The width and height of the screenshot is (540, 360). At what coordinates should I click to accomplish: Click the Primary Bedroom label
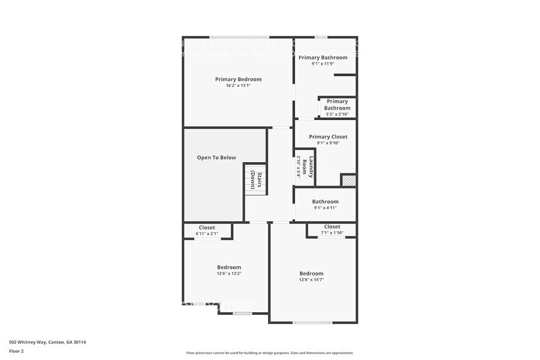click(x=238, y=79)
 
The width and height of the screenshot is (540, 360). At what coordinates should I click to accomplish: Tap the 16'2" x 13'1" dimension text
click(x=238, y=86)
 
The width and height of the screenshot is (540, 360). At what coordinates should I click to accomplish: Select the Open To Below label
click(x=216, y=157)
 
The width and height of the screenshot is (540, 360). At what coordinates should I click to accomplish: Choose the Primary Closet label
click(x=328, y=137)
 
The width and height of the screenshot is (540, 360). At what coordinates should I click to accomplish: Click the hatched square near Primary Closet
click(x=349, y=180)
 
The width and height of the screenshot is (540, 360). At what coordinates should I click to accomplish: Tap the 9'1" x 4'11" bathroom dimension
click(x=325, y=208)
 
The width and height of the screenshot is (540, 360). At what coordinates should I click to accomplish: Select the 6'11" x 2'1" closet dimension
click(x=207, y=234)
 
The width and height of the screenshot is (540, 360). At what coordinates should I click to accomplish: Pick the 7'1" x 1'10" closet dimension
click(x=332, y=233)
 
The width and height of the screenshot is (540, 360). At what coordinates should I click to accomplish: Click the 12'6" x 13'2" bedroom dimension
click(x=229, y=274)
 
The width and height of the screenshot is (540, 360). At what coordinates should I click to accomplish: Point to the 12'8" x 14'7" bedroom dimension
click(x=311, y=280)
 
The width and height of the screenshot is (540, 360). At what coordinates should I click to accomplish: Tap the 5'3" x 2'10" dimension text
click(x=337, y=114)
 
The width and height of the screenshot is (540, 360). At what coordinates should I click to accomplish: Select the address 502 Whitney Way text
click(x=47, y=342)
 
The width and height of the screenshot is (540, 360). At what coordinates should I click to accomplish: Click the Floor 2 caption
click(x=16, y=351)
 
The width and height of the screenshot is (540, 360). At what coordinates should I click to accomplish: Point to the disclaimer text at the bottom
click(x=269, y=353)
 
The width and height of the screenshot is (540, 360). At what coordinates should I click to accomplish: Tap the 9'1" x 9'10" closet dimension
click(x=328, y=143)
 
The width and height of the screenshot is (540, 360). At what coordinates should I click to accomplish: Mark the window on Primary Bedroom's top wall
click(x=239, y=37)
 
